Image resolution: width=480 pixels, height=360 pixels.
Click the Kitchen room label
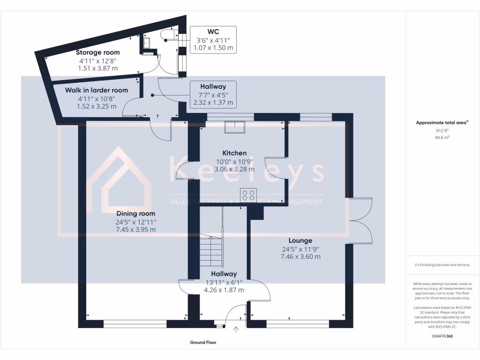[234, 153]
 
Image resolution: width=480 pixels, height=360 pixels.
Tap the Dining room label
[136, 213]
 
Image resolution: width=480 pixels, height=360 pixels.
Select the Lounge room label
[300, 240]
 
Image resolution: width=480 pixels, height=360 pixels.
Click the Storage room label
[97, 52]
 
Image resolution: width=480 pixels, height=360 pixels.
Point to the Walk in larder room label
[96, 90]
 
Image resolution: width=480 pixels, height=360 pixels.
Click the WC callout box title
[213, 32]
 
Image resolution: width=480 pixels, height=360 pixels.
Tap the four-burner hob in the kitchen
[248, 195]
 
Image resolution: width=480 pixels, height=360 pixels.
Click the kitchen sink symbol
[234, 127]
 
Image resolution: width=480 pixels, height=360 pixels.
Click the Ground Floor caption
[203, 343]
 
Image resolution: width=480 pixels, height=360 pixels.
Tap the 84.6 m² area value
[442, 138]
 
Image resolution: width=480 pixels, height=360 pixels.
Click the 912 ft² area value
[442, 131]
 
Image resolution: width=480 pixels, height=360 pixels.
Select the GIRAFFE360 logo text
[442, 336]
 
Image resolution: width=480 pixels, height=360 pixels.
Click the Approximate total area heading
[442, 122]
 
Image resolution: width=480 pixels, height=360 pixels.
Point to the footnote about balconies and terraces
[442, 265]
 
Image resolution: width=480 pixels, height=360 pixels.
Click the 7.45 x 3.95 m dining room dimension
[136, 230]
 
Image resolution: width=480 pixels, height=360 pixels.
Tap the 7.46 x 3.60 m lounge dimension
[300, 256]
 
